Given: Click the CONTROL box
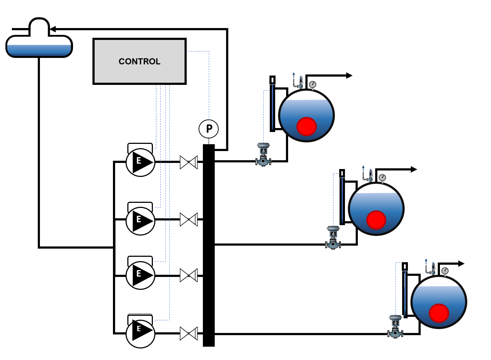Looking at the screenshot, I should pyautogui.click(x=140, y=61).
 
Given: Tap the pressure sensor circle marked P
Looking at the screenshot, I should pyautogui.click(x=209, y=129).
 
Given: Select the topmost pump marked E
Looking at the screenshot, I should pyautogui.click(x=140, y=162).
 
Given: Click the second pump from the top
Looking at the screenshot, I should pyautogui.click(x=140, y=221).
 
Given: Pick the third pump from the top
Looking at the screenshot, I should pyautogui.click(x=140, y=275).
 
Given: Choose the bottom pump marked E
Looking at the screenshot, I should pyautogui.click(x=140, y=334).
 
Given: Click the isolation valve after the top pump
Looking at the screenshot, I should pyautogui.click(x=188, y=162).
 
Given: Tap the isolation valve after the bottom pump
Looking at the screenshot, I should pyautogui.click(x=188, y=334).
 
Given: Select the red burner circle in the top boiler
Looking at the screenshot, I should pyautogui.click(x=306, y=127).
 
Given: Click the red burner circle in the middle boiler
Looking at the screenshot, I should pyautogui.click(x=376, y=220).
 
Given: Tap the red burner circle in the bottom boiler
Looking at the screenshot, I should pyautogui.click(x=439, y=313).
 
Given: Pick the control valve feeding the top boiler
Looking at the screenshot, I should pyautogui.click(x=263, y=155).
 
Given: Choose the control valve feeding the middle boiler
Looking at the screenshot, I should pyautogui.click(x=333, y=238).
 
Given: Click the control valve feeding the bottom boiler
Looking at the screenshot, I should pyautogui.click(x=395, y=327).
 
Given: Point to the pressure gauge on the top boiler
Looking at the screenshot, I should pyautogui.click(x=312, y=85).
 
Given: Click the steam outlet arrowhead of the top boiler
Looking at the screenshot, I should pyautogui.click(x=349, y=76).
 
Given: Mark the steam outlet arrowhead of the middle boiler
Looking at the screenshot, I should pyautogui.click(x=414, y=169).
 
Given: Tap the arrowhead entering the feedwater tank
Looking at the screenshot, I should pyautogui.click(x=53, y=29).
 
